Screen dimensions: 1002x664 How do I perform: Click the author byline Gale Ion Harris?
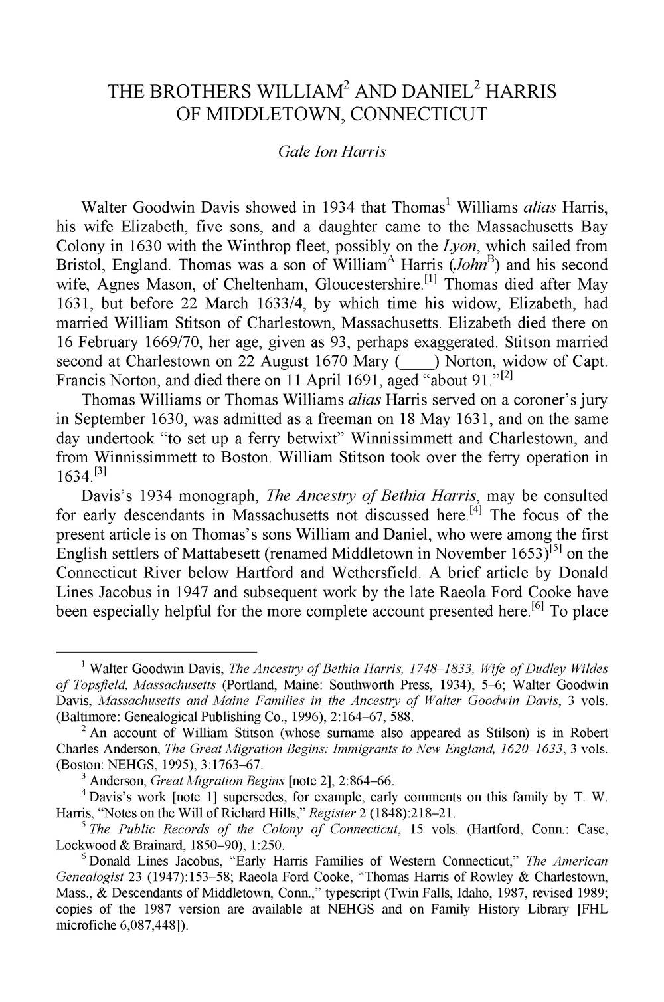[x=331, y=151]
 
